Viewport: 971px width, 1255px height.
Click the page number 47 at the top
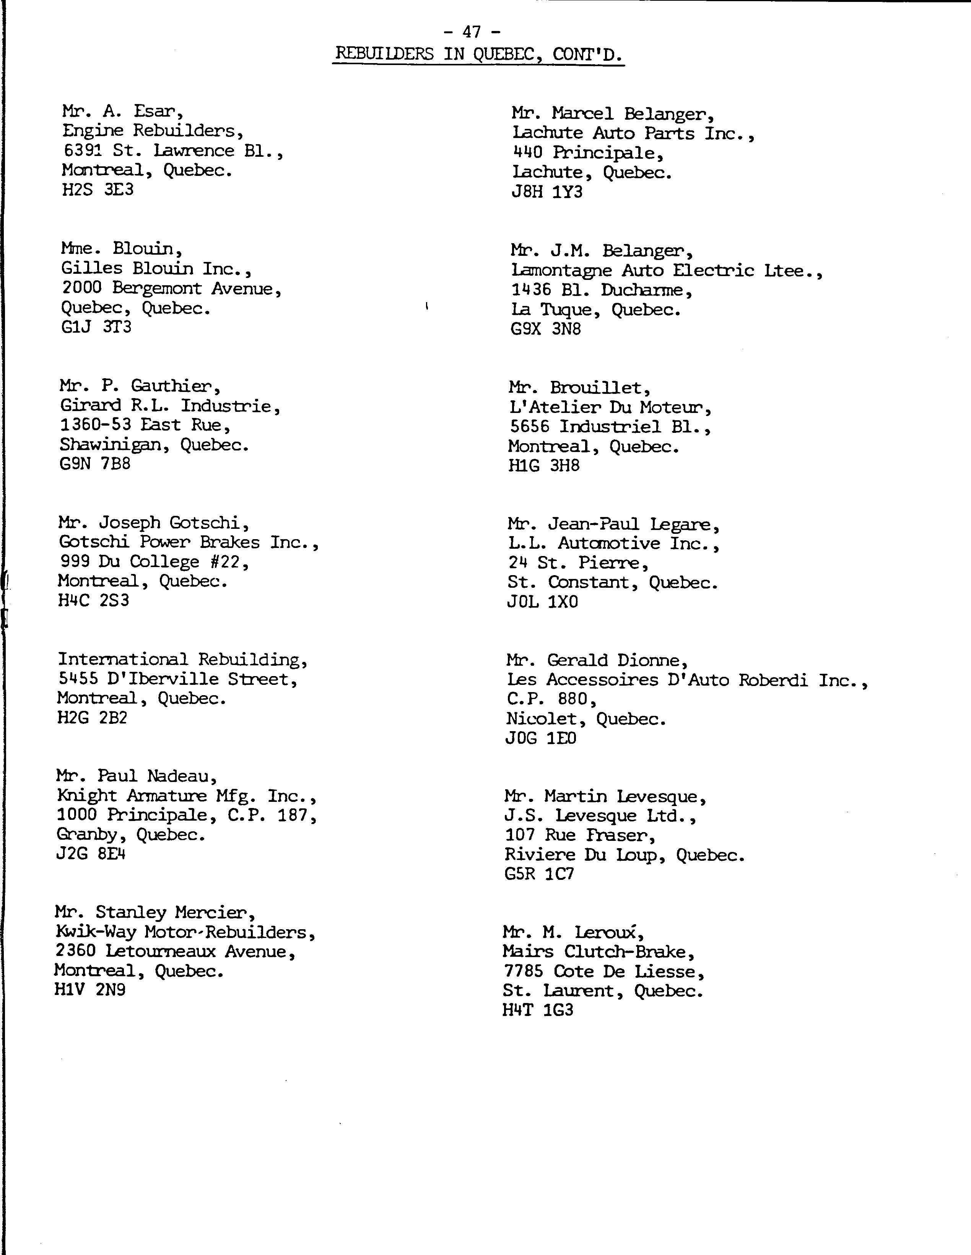tap(471, 32)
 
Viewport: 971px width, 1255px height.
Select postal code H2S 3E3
tap(98, 190)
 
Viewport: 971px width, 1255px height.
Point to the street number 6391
tap(82, 151)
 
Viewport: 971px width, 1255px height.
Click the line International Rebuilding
tap(183, 659)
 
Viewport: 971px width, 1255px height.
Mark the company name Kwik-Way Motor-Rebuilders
tap(185, 932)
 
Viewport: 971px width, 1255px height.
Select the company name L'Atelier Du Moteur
tap(610, 407)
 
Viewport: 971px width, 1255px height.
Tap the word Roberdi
tap(773, 680)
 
